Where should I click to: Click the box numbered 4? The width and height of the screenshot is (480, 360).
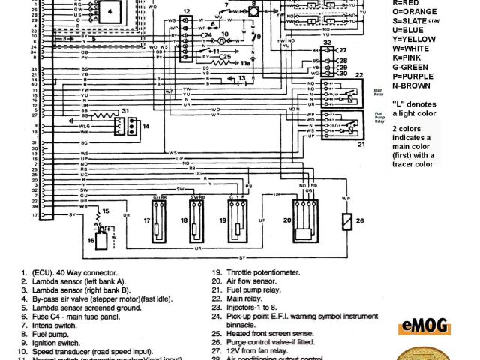click(x=111, y=13)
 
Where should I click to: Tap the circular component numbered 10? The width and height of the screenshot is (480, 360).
click(x=224, y=43)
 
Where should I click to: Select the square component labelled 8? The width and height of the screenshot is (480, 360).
click(x=254, y=13)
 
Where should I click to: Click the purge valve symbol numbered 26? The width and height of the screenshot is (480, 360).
click(x=345, y=223)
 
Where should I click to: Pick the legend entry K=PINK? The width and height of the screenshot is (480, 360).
click(x=425, y=63)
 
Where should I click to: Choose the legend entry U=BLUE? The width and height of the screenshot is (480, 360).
click(x=425, y=31)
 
